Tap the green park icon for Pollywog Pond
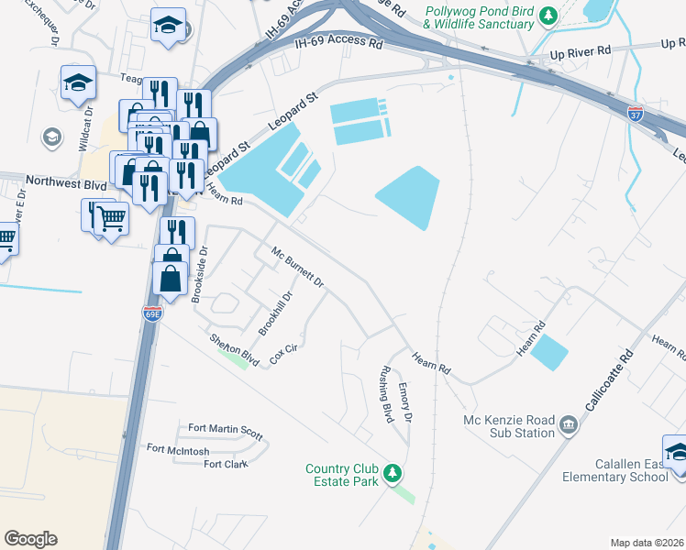pos(548,16)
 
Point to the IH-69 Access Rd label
pos(338,42)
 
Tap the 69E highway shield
pos(152,313)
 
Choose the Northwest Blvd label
pos(66,181)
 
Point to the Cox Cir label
pos(284,355)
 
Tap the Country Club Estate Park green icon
pos(393,473)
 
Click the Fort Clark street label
pos(226,464)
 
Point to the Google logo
pos(30,539)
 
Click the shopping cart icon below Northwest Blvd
pos(111,218)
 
